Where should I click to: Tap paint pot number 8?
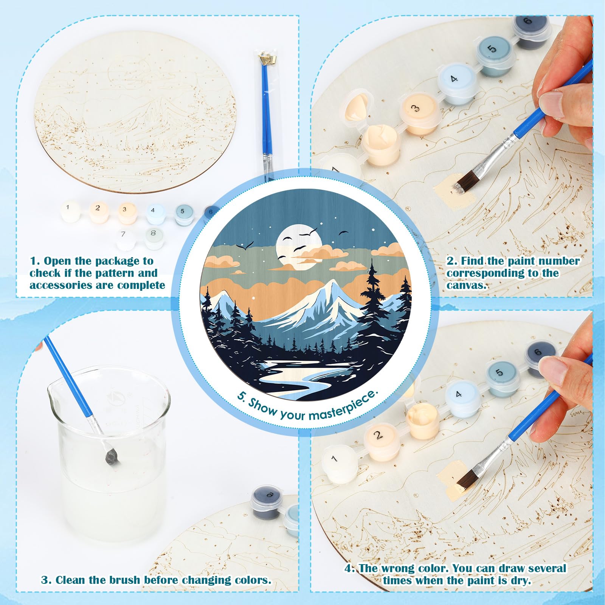pos(153,237)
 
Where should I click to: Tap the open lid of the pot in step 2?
pos(359,106)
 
